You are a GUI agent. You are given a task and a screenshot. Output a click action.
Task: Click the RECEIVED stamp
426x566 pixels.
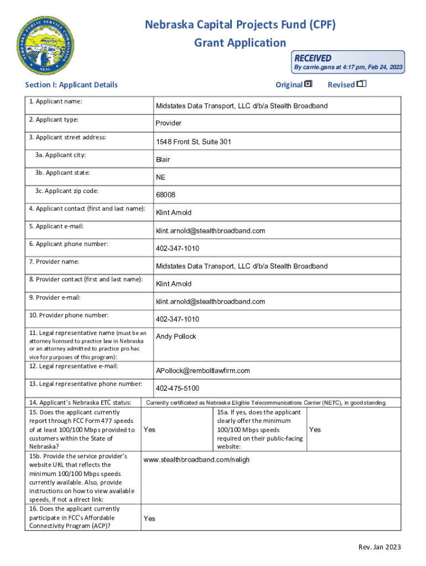coord(349,62)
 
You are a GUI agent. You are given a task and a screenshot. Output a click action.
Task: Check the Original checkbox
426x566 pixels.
coord(308,84)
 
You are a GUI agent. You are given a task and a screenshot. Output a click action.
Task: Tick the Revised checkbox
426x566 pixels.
coord(361,84)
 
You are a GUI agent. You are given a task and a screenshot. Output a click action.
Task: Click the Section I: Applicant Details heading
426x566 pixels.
coord(71,85)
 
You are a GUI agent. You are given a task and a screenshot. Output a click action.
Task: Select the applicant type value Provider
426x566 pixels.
coord(169,123)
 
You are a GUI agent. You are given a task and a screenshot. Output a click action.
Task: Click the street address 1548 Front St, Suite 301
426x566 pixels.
coord(194,142)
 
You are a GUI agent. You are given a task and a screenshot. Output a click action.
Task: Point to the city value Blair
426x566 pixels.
coord(163,160)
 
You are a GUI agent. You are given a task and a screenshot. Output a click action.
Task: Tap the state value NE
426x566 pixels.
coord(160,177)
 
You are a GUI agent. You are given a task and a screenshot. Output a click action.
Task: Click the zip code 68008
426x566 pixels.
coord(165,195)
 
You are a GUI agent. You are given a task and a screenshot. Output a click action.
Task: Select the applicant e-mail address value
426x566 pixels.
coord(210,230)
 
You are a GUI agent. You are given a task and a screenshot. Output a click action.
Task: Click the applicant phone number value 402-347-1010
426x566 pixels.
coord(178,249)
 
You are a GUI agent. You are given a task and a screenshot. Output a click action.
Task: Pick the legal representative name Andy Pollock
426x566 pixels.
coord(176,337)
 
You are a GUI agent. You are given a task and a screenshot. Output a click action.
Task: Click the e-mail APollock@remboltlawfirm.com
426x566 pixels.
coord(203,370)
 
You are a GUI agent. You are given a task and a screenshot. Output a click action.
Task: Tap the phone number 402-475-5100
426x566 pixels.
coord(178,388)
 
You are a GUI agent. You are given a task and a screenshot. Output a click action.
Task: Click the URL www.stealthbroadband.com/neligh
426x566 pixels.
coord(196,460)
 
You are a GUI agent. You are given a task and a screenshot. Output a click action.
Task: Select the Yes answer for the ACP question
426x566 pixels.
coord(149,518)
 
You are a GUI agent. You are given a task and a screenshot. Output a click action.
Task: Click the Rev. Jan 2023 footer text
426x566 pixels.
coord(380,547)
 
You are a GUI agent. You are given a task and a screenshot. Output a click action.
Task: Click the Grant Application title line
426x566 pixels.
coord(240,43)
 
